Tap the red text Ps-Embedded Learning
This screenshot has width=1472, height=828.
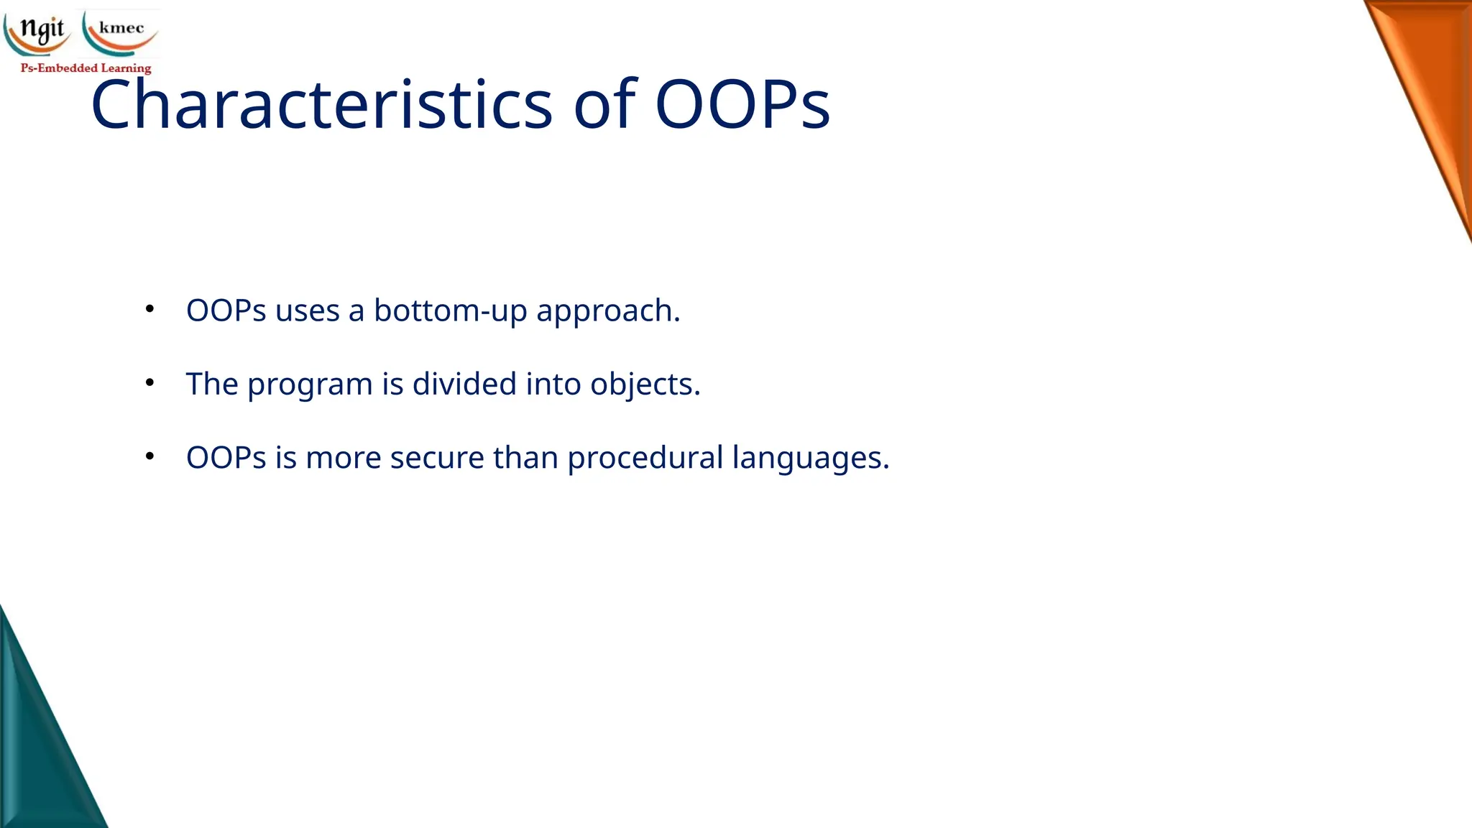[x=86, y=68]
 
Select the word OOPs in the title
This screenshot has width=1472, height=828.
[x=742, y=105]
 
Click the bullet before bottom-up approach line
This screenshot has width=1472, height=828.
[x=149, y=309]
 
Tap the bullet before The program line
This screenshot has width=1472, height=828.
[x=149, y=382]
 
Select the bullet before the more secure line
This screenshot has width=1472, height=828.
[x=149, y=456]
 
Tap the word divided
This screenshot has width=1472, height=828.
[x=464, y=384]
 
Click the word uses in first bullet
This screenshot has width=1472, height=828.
[x=307, y=311]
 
